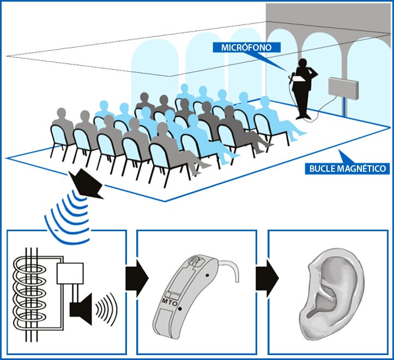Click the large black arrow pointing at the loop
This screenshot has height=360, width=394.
[87, 183]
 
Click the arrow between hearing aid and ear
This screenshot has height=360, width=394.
[264, 279]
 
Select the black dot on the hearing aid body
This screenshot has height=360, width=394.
[180, 310]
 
